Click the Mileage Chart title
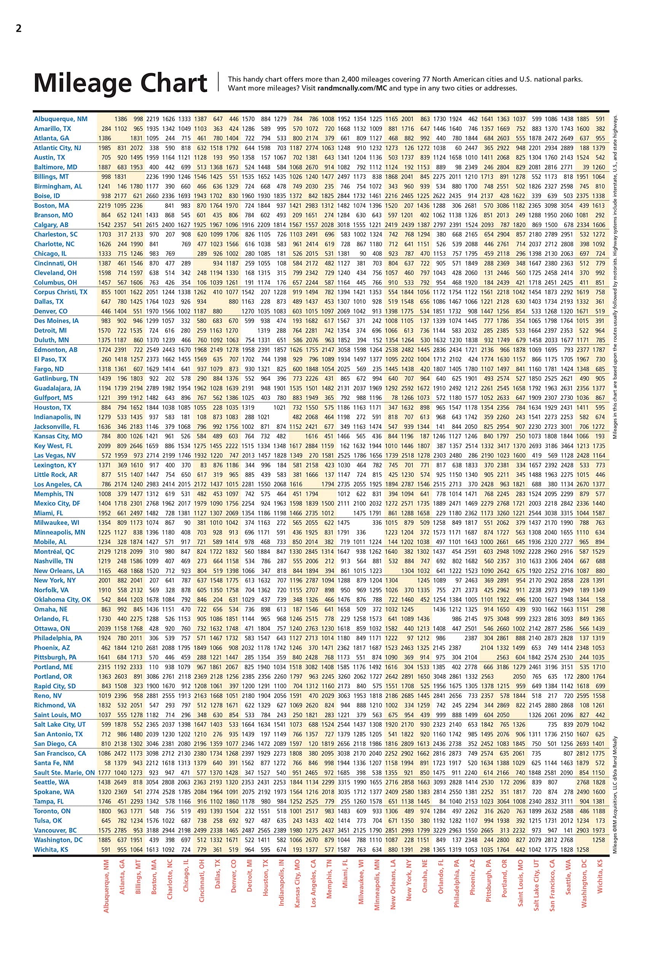click(120, 83)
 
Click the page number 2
click(18, 29)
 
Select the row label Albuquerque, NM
click(61, 119)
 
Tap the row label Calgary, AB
click(51, 225)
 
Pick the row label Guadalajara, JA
click(57, 388)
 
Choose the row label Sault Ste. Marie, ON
click(65, 773)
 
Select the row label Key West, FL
click(53, 446)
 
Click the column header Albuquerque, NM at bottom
click(106, 885)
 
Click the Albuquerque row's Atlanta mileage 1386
click(120, 119)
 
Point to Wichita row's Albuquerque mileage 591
click(105, 850)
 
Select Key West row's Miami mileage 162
click(345, 446)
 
